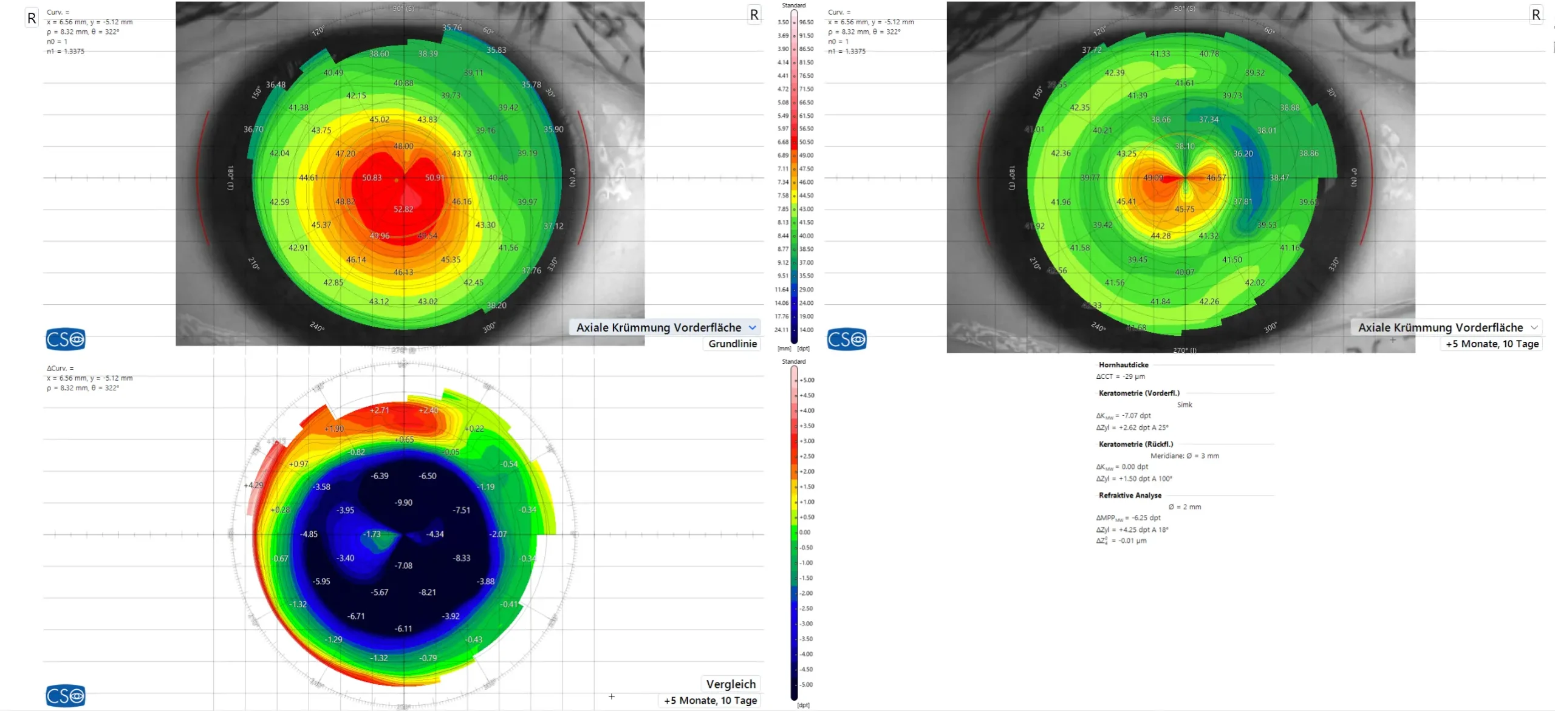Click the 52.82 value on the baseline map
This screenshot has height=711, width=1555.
click(x=403, y=209)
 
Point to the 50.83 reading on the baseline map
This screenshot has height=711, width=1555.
click(x=372, y=178)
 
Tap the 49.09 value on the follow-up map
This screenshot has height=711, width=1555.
click(x=1153, y=178)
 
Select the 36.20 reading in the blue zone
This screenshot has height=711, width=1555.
click(x=1243, y=154)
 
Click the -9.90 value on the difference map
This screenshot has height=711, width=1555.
click(x=403, y=503)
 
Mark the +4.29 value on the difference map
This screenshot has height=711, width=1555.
click(x=253, y=485)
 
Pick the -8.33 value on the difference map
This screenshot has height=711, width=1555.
click(x=462, y=558)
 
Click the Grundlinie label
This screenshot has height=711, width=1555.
click(x=733, y=344)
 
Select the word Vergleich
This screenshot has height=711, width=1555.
click(x=731, y=684)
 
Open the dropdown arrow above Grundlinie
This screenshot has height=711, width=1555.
click(x=753, y=327)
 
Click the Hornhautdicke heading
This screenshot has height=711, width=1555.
click(x=1123, y=365)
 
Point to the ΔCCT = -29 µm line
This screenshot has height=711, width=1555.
click(x=1120, y=376)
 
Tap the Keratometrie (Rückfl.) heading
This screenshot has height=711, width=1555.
click(x=1135, y=444)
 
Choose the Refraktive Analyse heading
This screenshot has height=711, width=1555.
click(x=1130, y=495)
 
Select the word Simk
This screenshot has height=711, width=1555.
click(x=1184, y=404)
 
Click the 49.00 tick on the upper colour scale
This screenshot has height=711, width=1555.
click(x=806, y=155)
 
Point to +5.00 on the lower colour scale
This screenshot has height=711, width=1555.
click(x=807, y=380)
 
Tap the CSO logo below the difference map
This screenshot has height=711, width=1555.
click(x=66, y=696)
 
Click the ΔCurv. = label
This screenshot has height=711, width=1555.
click(x=60, y=369)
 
